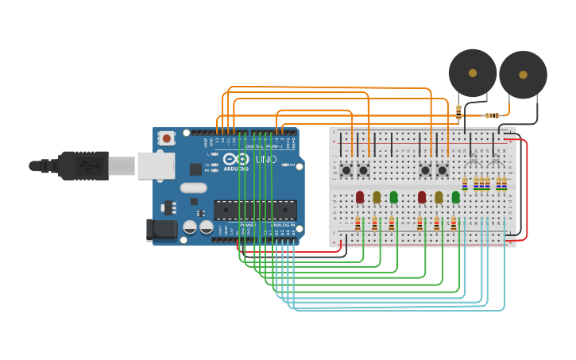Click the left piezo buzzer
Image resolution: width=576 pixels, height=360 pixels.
[x=473, y=73]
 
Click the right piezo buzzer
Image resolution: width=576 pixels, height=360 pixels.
[x=523, y=75]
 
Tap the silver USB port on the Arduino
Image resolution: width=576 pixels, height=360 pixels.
[x=156, y=165]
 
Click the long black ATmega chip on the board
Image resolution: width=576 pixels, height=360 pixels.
[x=255, y=210]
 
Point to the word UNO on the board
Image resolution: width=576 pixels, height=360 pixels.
[x=266, y=159]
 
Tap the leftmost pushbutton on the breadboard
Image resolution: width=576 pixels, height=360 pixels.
[x=346, y=169]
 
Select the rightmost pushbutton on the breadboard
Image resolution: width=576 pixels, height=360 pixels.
[x=443, y=169]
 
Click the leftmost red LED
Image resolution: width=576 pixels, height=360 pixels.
[x=359, y=196]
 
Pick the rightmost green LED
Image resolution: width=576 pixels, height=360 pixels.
[x=455, y=196]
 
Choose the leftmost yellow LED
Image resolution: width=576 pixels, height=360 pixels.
[x=377, y=196]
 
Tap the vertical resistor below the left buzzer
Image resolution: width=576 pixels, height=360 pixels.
[x=458, y=111]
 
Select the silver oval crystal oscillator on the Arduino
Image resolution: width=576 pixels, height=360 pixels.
[x=193, y=188]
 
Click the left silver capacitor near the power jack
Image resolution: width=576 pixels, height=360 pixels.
[x=190, y=227]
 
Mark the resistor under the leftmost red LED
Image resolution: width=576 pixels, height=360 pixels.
[x=358, y=224]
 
